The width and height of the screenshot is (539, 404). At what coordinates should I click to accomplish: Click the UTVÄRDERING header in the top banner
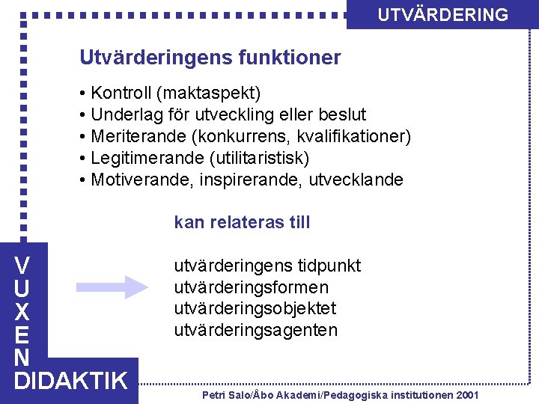point(442,15)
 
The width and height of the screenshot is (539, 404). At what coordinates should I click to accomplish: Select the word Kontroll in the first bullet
point(121,94)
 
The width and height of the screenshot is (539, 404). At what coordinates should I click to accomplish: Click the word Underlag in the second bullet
point(124,115)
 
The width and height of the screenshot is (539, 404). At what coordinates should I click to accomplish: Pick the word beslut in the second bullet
point(342,115)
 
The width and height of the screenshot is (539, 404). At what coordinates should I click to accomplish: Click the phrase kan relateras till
point(242,222)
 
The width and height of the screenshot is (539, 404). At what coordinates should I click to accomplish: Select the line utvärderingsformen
point(251,287)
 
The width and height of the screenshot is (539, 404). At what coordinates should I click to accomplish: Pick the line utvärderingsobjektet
point(255,308)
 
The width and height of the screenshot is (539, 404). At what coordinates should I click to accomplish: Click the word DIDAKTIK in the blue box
point(71,381)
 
